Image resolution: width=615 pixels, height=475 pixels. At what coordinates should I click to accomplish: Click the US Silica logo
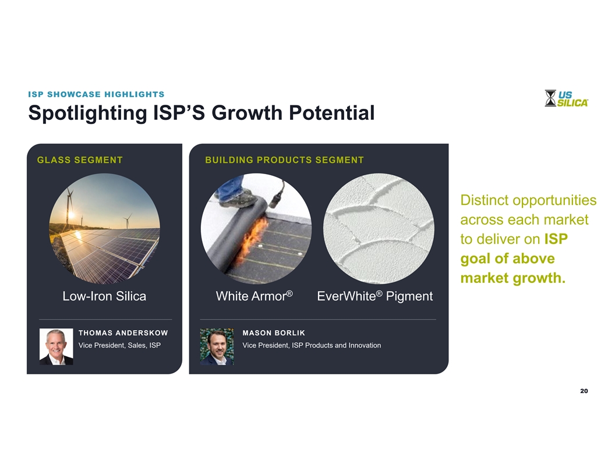[x=566, y=98]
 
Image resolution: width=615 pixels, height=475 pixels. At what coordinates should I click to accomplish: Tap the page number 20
[x=584, y=391]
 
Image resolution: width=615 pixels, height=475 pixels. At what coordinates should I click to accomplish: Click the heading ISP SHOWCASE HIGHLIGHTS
[x=96, y=94]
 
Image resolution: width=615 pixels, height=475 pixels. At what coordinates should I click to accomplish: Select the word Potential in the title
[x=332, y=113]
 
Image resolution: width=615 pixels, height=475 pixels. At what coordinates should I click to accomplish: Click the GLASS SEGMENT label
[x=80, y=160]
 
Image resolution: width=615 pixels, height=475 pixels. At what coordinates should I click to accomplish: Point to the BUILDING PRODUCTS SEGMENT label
[x=284, y=160]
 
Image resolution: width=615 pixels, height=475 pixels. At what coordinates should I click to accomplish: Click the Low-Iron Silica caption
[x=104, y=296]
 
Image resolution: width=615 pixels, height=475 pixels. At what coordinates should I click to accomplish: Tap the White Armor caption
[x=254, y=296]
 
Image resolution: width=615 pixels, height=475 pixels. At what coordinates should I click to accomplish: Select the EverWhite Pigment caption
[x=374, y=296]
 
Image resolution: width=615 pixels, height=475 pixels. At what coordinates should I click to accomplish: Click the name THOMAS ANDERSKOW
[x=123, y=333]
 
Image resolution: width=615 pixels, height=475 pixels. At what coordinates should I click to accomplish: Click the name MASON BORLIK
[x=274, y=333]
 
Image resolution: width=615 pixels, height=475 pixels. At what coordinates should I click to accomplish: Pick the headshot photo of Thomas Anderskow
[x=56, y=346]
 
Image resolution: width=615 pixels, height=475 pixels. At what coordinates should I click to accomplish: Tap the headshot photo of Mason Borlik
[x=217, y=346]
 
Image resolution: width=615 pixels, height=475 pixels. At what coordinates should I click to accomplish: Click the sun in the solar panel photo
[x=71, y=215]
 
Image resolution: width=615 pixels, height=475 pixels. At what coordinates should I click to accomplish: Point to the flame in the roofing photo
[x=255, y=240]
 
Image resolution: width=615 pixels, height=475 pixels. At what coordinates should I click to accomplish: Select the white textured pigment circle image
[x=379, y=229]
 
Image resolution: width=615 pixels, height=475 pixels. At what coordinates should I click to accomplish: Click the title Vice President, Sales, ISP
[x=119, y=345]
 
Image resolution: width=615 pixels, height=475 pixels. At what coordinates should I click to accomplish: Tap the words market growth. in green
[x=513, y=278]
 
